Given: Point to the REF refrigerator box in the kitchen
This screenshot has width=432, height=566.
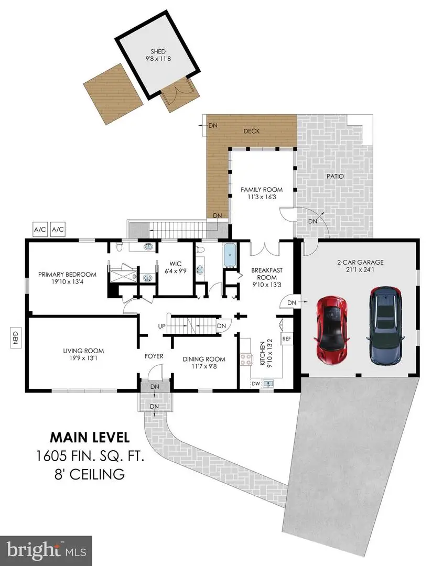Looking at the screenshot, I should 286,339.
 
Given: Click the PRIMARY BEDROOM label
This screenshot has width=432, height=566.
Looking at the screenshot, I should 67,274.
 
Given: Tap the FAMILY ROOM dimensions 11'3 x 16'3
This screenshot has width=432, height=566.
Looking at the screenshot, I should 261,198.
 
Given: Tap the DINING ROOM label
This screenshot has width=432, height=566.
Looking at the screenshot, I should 204,359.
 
